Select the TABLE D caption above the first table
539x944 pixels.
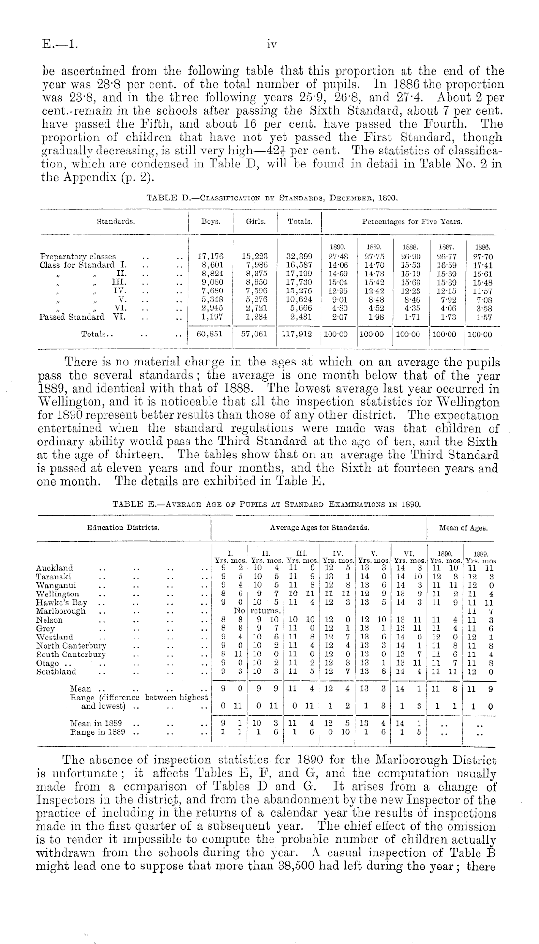271,198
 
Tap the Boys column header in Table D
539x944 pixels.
210,221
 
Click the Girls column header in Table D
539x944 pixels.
255,221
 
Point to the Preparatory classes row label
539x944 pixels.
78,256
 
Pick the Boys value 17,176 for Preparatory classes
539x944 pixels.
210,256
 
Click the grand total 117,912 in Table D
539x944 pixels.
299,334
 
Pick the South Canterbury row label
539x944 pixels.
71,655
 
